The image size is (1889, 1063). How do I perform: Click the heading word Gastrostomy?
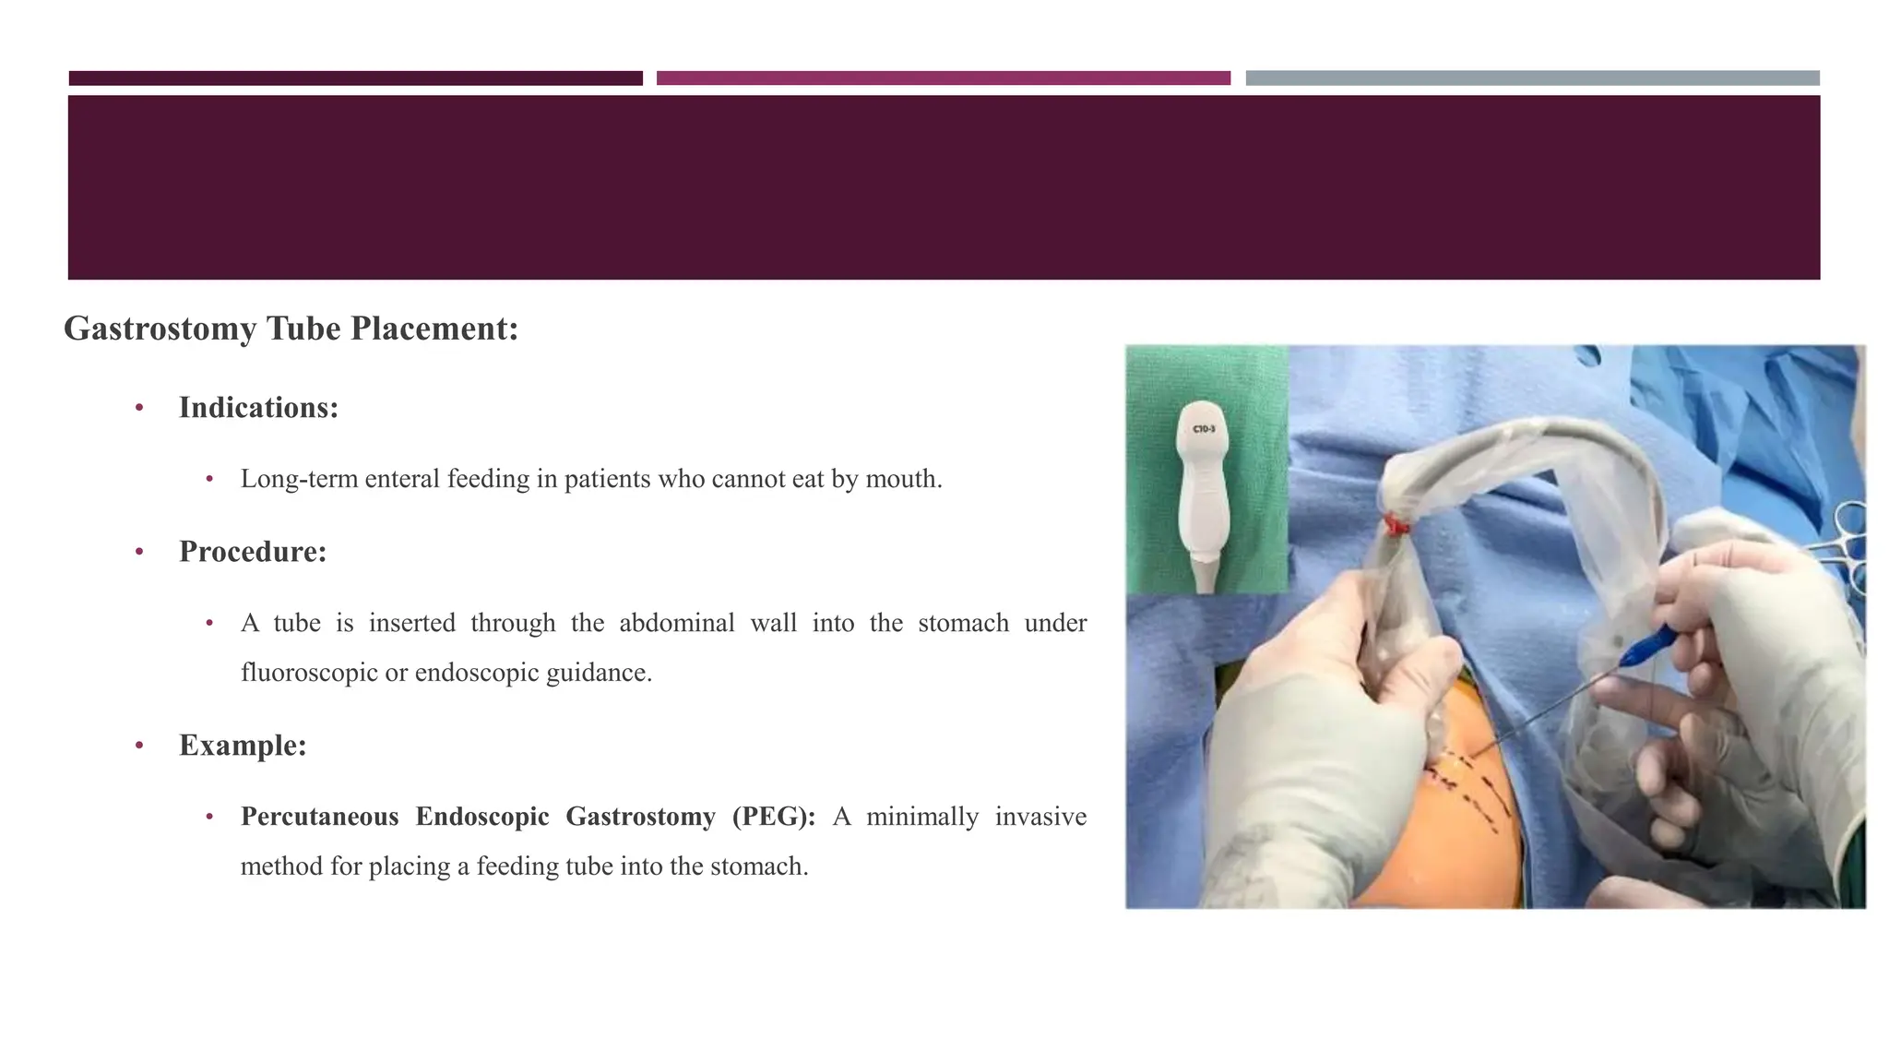[160, 328]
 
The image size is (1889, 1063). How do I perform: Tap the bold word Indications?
[258, 408]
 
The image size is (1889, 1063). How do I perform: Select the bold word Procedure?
[253, 552]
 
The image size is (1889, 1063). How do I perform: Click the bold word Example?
[243, 746]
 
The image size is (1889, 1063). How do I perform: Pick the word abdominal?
[676, 623]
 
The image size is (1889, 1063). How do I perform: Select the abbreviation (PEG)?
[773, 817]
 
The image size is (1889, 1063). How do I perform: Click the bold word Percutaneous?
[319, 817]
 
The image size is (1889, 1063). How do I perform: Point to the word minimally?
[921, 817]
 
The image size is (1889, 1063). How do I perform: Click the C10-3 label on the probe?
[1204, 429]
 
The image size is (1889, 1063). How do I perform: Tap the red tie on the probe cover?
[1396, 527]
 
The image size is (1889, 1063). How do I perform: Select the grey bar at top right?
[1532, 78]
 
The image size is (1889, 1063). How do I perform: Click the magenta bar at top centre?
[943, 78]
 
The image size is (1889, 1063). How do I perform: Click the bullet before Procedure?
[139, 553]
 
